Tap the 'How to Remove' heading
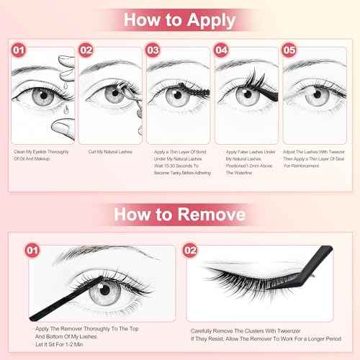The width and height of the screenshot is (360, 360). [179, 216]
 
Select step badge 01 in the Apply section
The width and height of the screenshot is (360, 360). [21, 52]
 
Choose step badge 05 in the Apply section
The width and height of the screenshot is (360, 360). [290, 52]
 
